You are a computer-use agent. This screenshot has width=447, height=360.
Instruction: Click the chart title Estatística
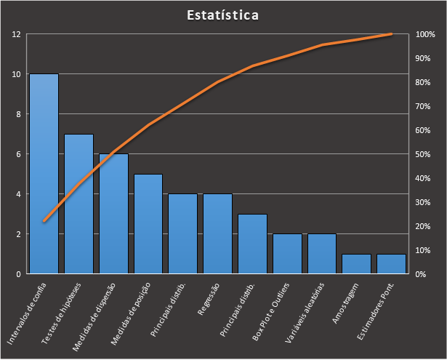(x=222, y=15)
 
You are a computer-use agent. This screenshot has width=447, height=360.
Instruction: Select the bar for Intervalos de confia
(x=44, y=175)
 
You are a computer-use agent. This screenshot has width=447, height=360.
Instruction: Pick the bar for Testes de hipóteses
(x=78, y=204)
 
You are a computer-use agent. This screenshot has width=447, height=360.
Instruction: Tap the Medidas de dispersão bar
(x=113, y=214)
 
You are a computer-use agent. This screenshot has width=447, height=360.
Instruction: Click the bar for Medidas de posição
(x=148, y=224)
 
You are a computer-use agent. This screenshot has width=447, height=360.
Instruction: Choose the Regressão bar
(x=217, y=234)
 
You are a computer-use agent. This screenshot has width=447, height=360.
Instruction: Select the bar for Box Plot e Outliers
(x=287, y=254)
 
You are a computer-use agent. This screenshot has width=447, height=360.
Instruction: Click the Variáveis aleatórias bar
(x=322, y=254)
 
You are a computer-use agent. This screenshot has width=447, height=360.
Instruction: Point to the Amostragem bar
(x=357, y=264)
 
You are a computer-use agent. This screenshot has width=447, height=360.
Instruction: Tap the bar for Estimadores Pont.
(x=391, y=264)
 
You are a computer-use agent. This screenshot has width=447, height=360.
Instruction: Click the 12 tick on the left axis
(x=16, y=34)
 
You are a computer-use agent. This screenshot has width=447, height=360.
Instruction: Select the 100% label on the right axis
(x=424, y=34)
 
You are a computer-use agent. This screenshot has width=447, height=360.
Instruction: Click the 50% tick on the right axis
(x=424, y=154)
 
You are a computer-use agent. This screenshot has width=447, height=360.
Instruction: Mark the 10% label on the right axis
(x=424, y=250)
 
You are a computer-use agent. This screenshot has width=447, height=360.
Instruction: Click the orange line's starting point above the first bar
(x=44, y=220)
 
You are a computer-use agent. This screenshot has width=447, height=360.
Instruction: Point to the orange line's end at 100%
(x=391, y=34)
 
